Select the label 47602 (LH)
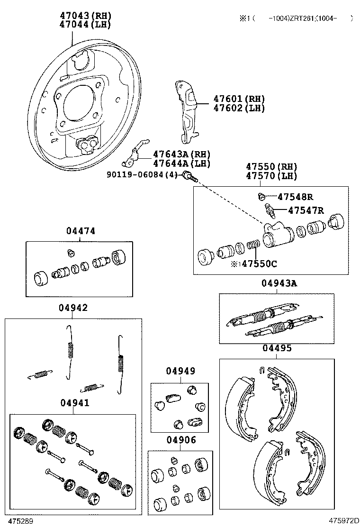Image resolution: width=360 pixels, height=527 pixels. pos(238,108)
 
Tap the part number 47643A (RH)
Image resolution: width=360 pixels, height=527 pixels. pos(181,154)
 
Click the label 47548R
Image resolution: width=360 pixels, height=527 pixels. pos(295,197)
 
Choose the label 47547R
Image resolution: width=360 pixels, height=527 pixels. pos(306,210)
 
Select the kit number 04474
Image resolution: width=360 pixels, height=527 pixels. pos(81,231)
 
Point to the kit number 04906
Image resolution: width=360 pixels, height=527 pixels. pos(180,440)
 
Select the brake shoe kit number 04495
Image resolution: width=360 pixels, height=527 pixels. pos(277,348)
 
